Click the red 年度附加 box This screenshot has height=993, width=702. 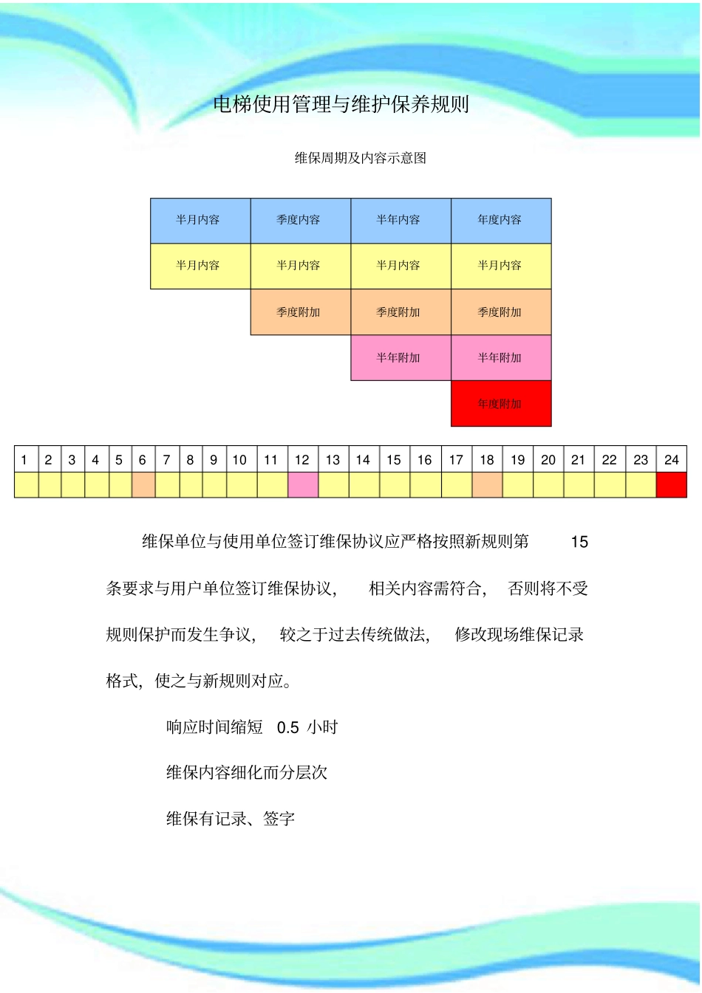(501, 404)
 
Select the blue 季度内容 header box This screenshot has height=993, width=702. (300, 220)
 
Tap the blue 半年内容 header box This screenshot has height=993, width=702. (401, 220)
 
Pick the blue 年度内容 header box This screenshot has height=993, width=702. (501, 220)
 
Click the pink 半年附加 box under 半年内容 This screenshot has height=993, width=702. (401, 358)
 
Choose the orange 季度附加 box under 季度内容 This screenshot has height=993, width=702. (300, 312)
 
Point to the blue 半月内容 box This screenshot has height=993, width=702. (200, 220)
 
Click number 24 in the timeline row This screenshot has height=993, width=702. (671, 460)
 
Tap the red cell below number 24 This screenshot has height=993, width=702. (671, 485)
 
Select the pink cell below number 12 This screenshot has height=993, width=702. (302, 485)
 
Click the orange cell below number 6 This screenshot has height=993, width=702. (143, 485)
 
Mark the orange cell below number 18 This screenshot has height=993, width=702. (487, 485)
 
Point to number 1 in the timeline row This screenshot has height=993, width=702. (24, 460)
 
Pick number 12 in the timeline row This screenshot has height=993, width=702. (302, 460)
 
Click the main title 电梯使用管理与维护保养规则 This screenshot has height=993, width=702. (341, 105)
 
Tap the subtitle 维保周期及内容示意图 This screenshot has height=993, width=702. (361, 158)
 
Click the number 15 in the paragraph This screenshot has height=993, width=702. (579, 543)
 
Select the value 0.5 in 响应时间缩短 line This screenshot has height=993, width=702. (287, 728)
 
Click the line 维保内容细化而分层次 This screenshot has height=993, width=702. (247, 773)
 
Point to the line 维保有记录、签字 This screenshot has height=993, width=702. (231, 819)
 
